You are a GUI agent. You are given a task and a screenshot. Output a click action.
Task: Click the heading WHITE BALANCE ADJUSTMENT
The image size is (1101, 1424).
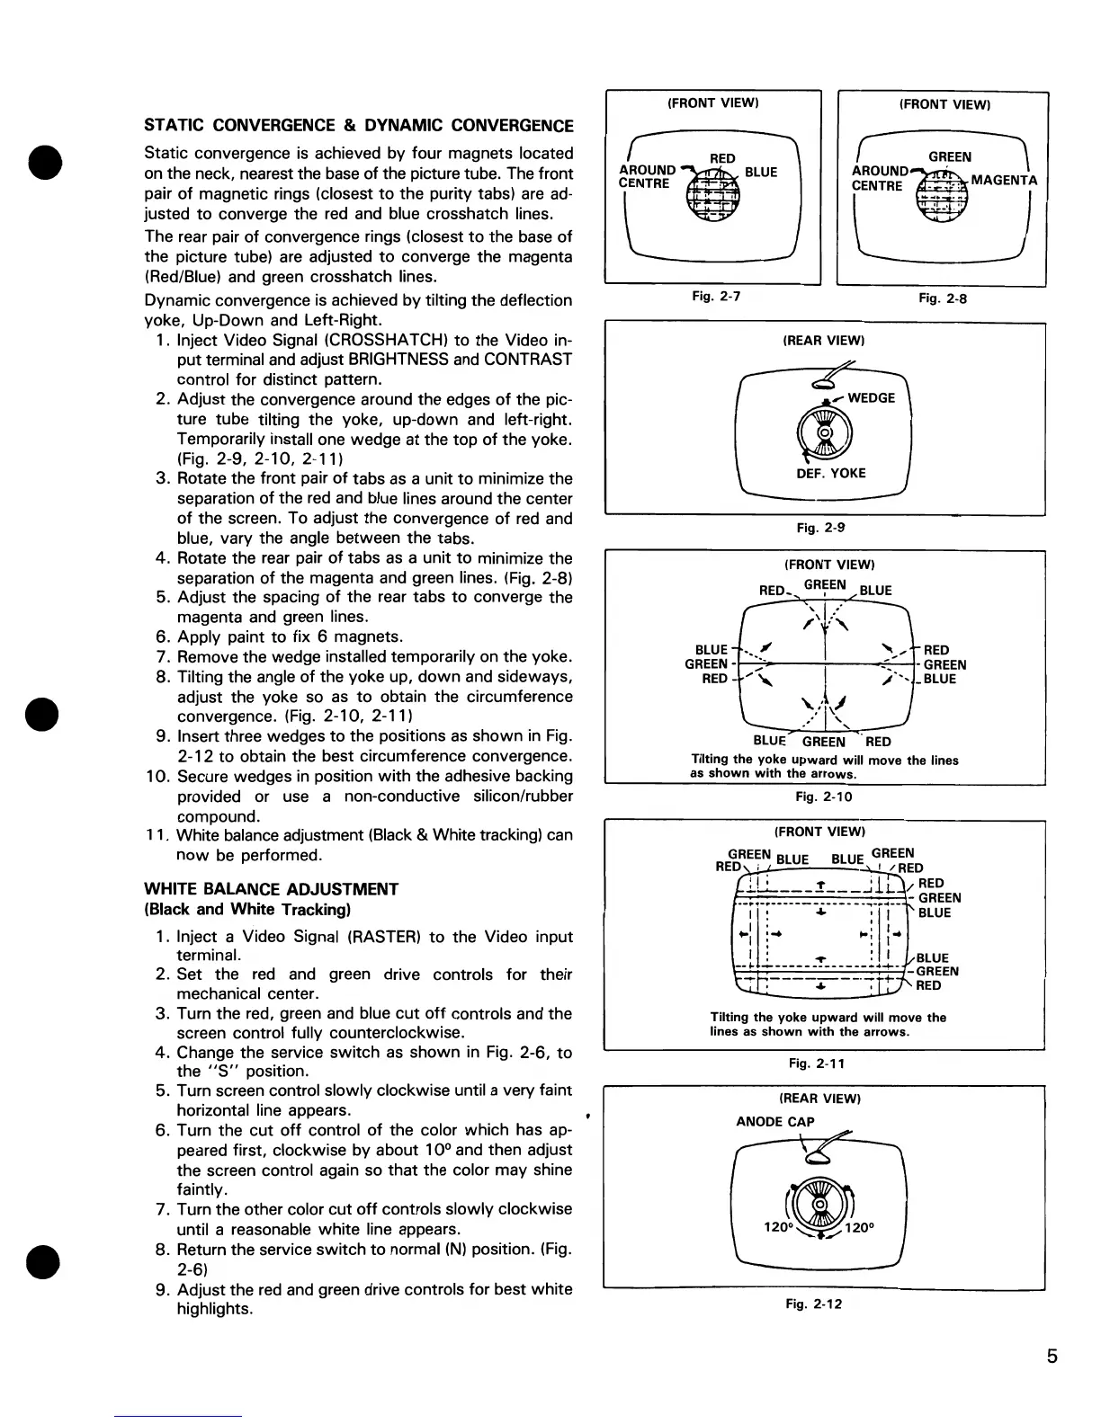[271, 889]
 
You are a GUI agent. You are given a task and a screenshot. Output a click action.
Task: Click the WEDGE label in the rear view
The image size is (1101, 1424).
[871, 397]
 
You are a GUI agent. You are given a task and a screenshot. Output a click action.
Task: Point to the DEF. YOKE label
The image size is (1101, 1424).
[830, 473]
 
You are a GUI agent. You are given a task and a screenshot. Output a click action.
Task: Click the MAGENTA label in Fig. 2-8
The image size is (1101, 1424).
[1004, 180]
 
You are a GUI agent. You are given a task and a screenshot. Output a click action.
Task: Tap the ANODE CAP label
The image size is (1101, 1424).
[774, 1121]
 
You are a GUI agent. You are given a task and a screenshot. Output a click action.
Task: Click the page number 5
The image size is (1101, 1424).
[1052, 1357]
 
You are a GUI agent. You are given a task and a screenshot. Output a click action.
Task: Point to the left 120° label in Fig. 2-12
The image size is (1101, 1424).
[776, 1225]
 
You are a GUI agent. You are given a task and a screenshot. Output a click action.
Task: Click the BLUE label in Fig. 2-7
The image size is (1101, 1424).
[761, 172]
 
